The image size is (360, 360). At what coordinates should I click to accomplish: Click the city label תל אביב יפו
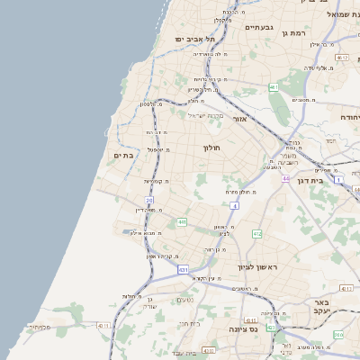pos(196,39)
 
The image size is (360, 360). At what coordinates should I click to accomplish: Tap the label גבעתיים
pos(265,28)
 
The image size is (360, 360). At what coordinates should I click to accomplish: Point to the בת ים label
pos(122,156)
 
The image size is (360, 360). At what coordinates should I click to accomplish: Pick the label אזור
pos(239,119)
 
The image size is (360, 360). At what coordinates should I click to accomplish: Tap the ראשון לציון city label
pos(257,267)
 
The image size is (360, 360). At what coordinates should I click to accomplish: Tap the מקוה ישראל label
pos(203,114)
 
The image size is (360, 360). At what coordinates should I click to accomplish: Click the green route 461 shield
pos(273,87)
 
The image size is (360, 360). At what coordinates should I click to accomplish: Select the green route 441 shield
pos(182,221)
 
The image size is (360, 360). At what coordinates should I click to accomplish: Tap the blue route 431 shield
pos(184,269)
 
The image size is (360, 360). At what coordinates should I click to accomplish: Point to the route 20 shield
pos(149,200)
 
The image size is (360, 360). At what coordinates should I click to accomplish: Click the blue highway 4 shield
pos(234,206)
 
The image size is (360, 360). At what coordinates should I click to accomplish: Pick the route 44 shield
pos(285,178)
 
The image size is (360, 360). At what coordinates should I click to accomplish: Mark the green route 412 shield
pos(256,234)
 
